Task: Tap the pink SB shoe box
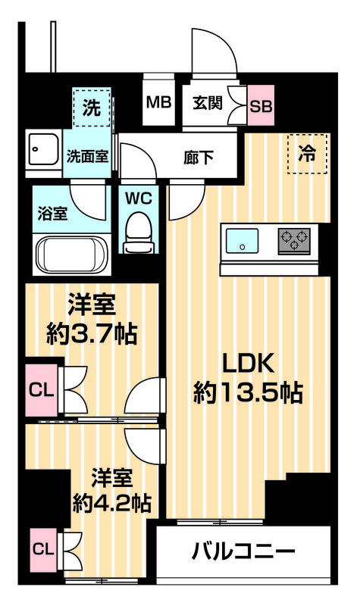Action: click(x=261, y=105)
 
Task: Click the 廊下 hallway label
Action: click(x=199, y=158)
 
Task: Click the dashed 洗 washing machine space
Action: click(x=92, y=108)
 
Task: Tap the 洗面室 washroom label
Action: click(x=87, y=158)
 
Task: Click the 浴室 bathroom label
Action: click(x=52, y=213)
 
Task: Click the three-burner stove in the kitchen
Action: click(x=294, y=241)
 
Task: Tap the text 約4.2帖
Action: click(x=111, y=501)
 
